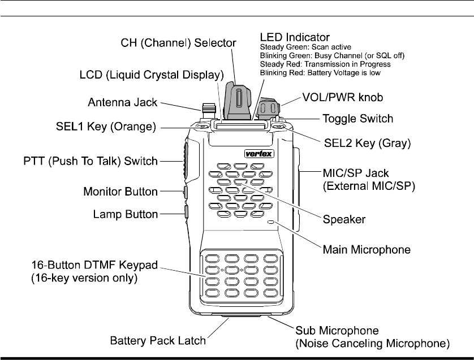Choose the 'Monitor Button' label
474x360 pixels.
[x=120, y=192]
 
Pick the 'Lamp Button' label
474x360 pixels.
[x=124, y=214]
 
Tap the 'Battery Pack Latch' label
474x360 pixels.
[x=157, y=341]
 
